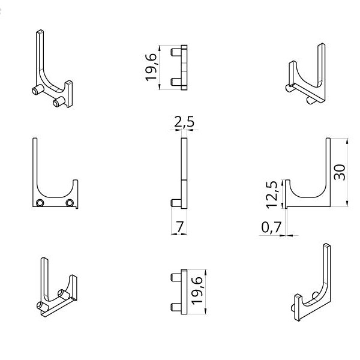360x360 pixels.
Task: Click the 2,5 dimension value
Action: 184,122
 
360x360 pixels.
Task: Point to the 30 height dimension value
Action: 340,172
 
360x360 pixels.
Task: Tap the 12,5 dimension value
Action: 272,193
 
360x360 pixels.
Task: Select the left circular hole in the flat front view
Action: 40,203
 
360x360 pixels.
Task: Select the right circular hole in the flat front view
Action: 70,203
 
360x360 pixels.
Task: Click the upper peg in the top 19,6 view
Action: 175,53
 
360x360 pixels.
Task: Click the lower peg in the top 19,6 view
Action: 175,81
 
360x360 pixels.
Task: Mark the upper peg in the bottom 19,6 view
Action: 175,277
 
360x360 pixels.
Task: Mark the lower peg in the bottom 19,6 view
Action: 175,306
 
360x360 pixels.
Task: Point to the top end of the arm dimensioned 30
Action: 328,140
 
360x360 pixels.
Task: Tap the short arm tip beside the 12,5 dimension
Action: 289,181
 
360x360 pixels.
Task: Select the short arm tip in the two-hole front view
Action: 76,179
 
